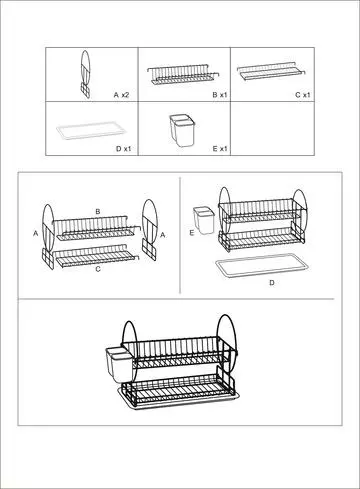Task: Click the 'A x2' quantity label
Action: coord(121,95)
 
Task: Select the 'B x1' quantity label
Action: coord(220,95)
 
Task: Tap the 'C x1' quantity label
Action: coord(303,95)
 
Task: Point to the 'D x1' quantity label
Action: coord(124,149)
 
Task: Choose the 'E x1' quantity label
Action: coord(220,148)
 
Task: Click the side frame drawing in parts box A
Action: coord(85,74)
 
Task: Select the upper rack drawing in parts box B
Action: coord(183,75)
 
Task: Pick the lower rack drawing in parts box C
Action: coord(272,71)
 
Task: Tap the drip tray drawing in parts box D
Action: coord(91,131)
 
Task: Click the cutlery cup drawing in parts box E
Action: coord(182,130)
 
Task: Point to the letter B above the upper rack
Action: coord(98,211)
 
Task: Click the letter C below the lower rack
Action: coord(98,269)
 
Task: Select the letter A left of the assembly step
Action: coord(36,234)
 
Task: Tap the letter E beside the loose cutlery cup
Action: coord(192,233)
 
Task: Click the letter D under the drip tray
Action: coord(272,283)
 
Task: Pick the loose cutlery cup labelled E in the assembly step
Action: coord(204,220)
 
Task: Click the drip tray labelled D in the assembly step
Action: coord(262,266)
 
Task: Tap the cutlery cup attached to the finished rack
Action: coord(121,365)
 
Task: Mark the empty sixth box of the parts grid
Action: coord(272,129)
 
